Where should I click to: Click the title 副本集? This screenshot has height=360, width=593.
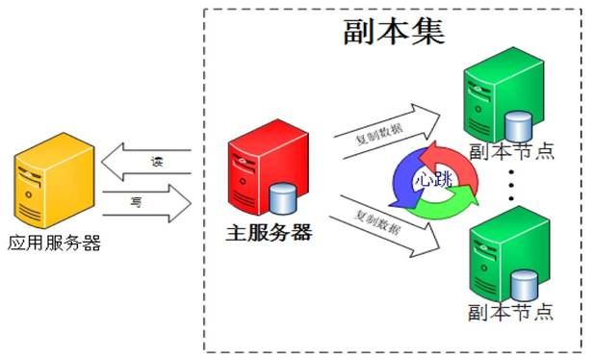(394, 32)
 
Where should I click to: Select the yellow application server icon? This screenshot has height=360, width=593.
(54, 181)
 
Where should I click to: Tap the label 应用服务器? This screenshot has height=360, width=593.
(55, 243)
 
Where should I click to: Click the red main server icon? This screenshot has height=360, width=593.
(269, 167)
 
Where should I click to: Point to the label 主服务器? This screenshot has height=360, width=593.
(269, 233)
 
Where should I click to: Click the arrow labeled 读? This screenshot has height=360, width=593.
(146, 162)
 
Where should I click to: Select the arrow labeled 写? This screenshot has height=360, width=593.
(147, 203)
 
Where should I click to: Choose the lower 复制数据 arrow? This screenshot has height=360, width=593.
(384, 226)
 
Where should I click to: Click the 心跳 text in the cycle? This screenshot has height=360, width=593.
(434, 178)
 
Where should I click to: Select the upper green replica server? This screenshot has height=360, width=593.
(503, 94)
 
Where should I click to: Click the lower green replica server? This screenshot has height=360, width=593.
(509, 254)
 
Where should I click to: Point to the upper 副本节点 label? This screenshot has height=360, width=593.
(512, 152)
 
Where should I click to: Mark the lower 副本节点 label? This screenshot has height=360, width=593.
(510, 312)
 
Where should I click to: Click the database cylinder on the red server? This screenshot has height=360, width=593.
(283, 198)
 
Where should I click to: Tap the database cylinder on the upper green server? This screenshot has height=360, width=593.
(519, 126)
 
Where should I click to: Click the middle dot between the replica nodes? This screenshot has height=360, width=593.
(512, 185)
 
